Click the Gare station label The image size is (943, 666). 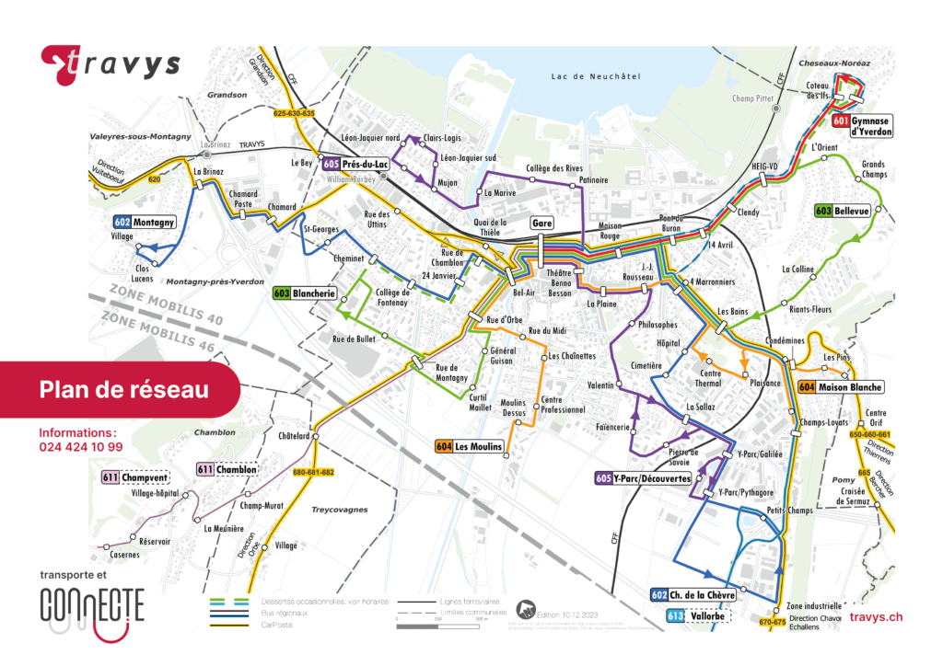[541, 223]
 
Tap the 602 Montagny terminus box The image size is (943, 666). [146, 222]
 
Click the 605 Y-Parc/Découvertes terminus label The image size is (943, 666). [643, 478]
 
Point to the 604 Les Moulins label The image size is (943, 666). [470, 446]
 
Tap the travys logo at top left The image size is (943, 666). [111, 64]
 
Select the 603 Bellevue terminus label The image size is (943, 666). [842, 211]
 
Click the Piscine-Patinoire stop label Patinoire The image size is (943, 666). [593, 180]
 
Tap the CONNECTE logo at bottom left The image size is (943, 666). [92, 607]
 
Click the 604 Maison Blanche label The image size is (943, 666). [841, 386]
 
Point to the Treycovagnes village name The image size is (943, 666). [339, 509]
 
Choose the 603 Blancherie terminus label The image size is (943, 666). [304, 293]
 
